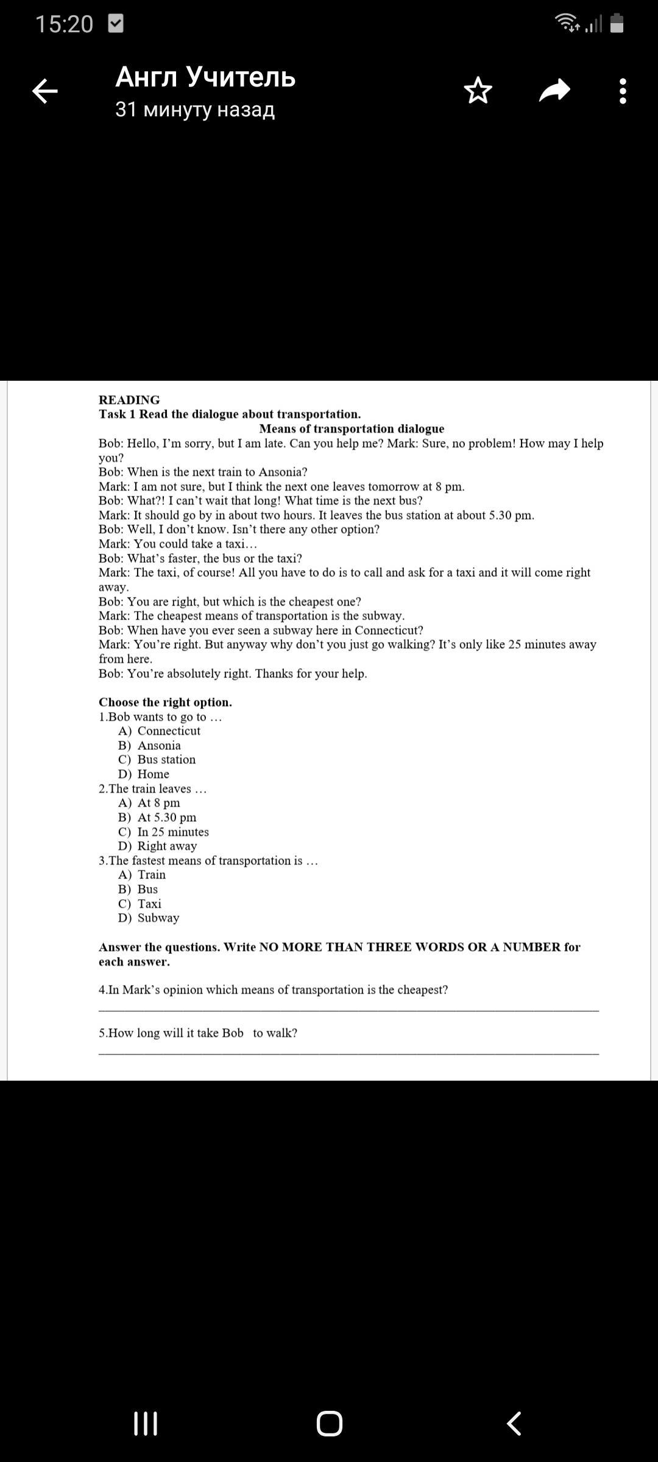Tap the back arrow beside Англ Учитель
pyautogui.click(x=44, y=91)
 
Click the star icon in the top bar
pyautogui.click(x=478, y=91)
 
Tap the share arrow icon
pyautogui.click(x=554, y=91)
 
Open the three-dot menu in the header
pyautogui.click(x=622, y=91)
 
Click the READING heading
pyautogui.click(x=129, y=400)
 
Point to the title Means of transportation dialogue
pyautogui.click(x=352, y=428)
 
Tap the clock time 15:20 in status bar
pyautogui.click(x=64, y=24)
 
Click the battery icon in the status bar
pyautogui.click(x=617, y=23)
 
